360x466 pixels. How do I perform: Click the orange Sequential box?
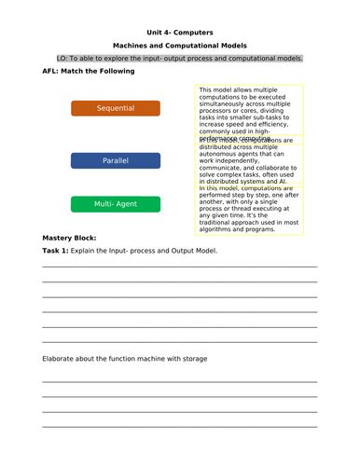tap(116, 108)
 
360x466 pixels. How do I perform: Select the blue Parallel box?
tap(116, 160)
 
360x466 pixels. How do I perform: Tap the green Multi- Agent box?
tap(116, 203)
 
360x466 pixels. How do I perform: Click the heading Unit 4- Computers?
tap(179, 29)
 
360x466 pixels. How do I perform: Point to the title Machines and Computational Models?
tap(179, 44)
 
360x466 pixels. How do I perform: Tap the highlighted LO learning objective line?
tap(179, 58)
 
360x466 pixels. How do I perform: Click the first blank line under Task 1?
tap(179, 267)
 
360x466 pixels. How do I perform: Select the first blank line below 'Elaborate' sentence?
tap(179, 380)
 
